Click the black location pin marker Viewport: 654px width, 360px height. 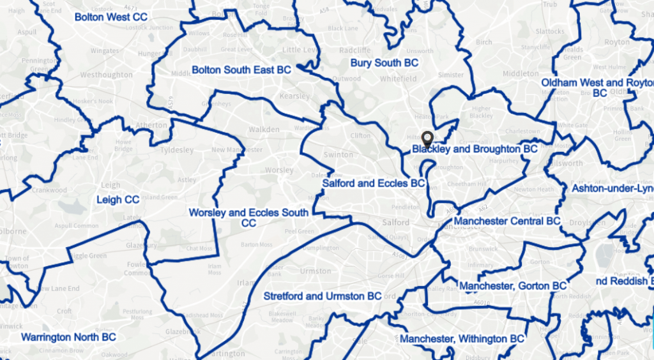tap(427, 139)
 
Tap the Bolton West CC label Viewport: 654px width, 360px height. tap(111, 17)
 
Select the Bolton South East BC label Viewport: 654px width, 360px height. tap(241, 70)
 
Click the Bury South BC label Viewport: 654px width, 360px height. tap(384, 63)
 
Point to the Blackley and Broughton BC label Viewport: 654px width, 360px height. tap(475, 149)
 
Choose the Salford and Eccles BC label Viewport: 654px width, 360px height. tap(374, 183)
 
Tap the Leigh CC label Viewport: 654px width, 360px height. tap(118, 200)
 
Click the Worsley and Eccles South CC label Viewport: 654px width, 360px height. tap(248, 218)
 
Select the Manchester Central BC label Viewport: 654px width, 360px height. tap(506, 221)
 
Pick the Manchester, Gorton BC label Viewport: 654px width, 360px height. tap(513, 285)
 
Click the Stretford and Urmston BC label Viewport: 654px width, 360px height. tap(323, 296)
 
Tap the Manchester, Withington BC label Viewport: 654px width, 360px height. tap(462, 339)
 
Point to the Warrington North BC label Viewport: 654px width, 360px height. tap(68, 336)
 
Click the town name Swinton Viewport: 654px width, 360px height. tap(338, 154)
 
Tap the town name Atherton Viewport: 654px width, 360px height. tap(152, 125)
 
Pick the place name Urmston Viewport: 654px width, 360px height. tap(316, 271)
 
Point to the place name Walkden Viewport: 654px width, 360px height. tap(264, 130)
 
